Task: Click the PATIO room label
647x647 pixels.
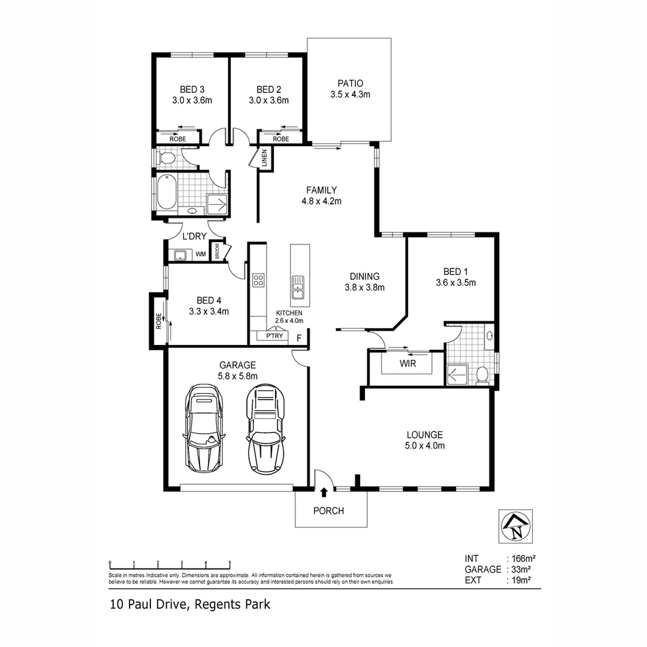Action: pos(350,84)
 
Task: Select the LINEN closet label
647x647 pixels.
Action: pos(264,158)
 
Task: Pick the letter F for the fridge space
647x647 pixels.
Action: pos(299,338)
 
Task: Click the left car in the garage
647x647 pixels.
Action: pos(204,427)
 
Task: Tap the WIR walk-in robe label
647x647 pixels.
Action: pos(409,363)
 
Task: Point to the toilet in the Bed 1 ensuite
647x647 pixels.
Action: pos(482,375)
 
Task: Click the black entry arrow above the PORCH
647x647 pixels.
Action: pos(324,492)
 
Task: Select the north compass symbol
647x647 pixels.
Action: pos(515,526)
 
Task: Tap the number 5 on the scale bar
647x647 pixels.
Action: pos(230,563)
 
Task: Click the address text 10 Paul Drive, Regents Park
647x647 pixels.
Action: pos(190,604)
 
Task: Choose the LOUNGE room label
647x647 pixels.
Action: pos(424,435)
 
